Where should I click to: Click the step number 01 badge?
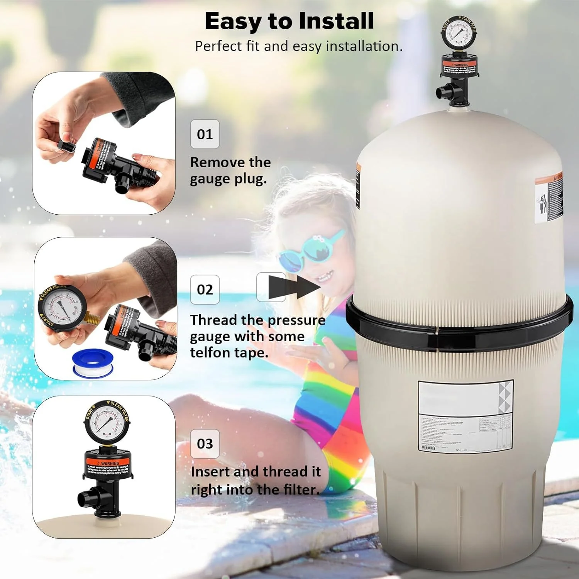pos(205,134)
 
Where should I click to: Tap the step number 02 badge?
pos(205,289)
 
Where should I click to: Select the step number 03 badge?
pos(205,444)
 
